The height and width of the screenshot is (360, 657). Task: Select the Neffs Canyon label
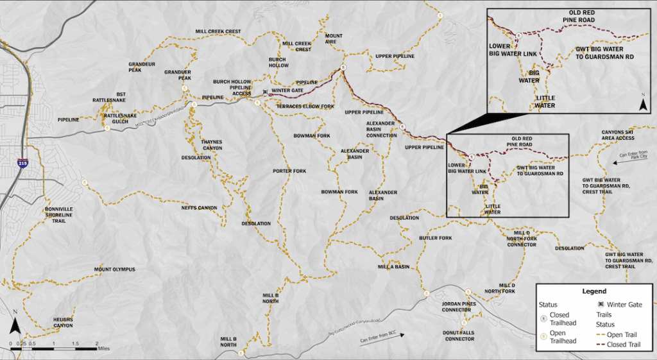coord(199,208)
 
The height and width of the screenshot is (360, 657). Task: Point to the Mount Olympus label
coord(115,270)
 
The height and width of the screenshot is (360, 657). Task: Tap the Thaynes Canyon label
coord(212,144)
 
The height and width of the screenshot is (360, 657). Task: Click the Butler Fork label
coord(436,238)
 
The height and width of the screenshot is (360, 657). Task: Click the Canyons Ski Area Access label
coord(618,135)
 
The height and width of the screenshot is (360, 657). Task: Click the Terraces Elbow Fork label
coord(305,106)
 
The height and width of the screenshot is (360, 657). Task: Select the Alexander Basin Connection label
coord(382,128)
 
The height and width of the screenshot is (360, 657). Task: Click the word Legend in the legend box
coord(593,291)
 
